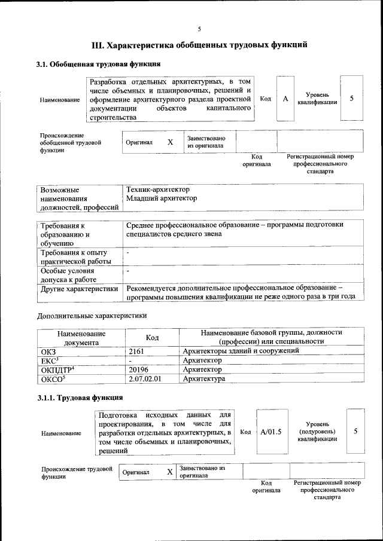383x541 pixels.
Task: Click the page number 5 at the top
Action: pos(199,29)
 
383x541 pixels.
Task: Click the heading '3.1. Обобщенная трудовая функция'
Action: pos(98,65)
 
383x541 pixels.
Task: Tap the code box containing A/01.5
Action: pos(271,431)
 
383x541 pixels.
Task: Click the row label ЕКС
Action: pos(48,360)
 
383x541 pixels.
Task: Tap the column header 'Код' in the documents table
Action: pos(153,338)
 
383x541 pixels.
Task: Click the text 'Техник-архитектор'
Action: pos(154,189)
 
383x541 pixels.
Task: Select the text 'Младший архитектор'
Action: pos(157,198)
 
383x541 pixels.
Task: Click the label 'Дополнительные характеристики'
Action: pos(92,315)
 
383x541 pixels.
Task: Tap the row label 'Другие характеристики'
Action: pos(78,289)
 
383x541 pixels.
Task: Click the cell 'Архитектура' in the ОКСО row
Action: pos(204,379)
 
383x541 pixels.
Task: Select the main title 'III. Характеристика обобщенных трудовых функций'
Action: pos(199,45)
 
